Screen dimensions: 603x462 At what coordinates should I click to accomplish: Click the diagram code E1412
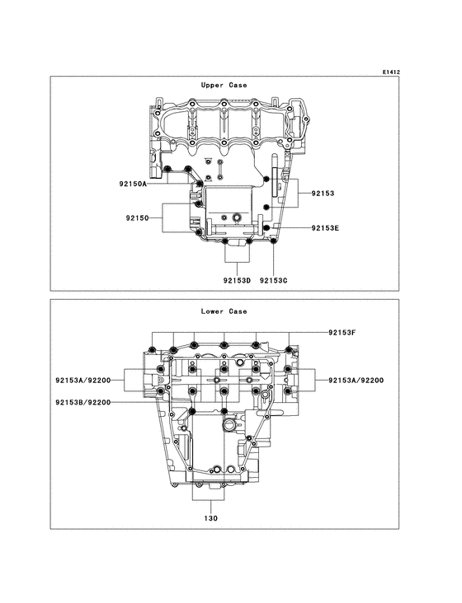[390, 72]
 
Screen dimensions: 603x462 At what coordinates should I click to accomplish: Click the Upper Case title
[224, 85]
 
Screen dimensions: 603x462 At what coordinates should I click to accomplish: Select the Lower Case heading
[224, 311]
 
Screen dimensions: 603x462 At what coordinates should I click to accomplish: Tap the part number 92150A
[132, 185]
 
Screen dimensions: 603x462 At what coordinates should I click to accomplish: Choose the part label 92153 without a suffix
[323, 193]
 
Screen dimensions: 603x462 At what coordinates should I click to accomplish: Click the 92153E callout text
[325, 227]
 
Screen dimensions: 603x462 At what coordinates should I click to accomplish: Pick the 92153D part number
[236, 280]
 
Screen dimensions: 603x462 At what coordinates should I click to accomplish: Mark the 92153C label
[273, 280]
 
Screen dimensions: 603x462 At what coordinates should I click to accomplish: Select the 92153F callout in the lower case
[339, 332]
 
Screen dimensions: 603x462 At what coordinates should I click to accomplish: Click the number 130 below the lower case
[211, 519]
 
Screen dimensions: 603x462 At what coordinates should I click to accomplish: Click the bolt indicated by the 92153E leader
[267, 227]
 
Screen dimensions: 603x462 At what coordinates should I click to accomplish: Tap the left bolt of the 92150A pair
[167, 171]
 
